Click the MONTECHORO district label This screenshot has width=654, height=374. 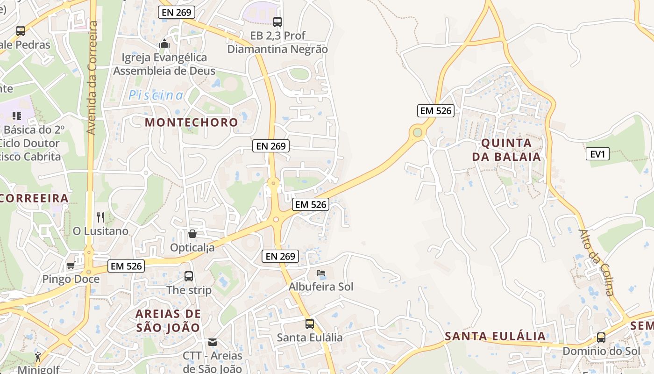coord(192,122)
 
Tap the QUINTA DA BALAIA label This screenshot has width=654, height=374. coord(506,150)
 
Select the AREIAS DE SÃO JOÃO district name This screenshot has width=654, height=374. coord(168,321)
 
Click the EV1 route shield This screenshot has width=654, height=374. coord(597,154)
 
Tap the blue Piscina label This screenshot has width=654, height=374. coord(156,95)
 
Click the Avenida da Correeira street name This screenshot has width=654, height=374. coord(92,78)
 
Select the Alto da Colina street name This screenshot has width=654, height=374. coord(596,262)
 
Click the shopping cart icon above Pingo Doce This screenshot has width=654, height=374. coord(71,266)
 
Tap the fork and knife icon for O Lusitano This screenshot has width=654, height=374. coord(100,217)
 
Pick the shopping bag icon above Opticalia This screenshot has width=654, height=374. coord(192,233)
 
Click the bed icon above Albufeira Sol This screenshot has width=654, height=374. coord(320,273)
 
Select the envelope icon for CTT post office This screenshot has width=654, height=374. coord(213,342)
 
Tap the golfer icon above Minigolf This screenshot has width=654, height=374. coord(38,357)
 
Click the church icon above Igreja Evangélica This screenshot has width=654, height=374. coord(164,44)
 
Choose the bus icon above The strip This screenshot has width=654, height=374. coord(189,276)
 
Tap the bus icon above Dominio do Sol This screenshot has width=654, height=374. coord(601,338)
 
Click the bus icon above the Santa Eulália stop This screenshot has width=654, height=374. coord(309,324)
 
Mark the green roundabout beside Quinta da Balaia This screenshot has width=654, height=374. coord(417,133)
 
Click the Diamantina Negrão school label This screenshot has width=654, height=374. coord(277,42)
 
